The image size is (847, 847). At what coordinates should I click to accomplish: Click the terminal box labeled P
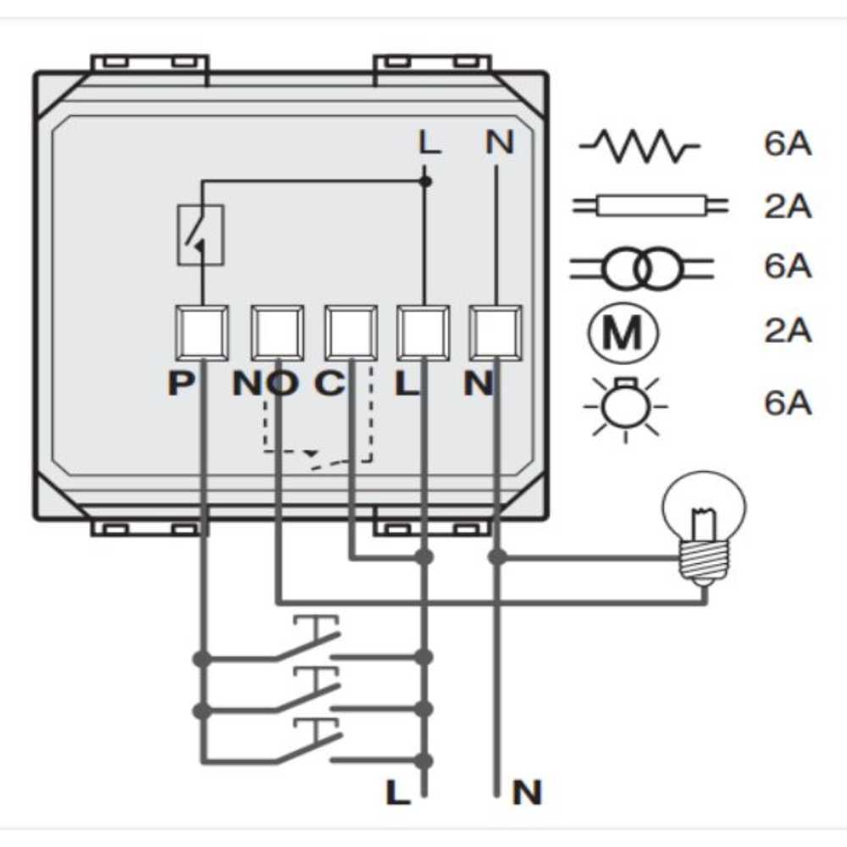pos(201,333)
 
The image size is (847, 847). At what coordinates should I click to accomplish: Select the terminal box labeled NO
pos(277,333)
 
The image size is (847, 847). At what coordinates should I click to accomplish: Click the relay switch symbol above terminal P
pos(201,235)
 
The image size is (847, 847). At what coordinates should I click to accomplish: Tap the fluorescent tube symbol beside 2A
pos(650,206)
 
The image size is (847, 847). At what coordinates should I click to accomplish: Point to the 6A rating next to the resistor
pos(788,145)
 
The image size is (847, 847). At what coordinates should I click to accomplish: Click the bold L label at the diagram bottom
pos(396,793)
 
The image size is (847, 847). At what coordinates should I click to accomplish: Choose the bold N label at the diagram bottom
pos(526,794)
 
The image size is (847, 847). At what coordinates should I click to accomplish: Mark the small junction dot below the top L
pos(426,181)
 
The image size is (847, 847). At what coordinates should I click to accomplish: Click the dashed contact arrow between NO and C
pos(313,456)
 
